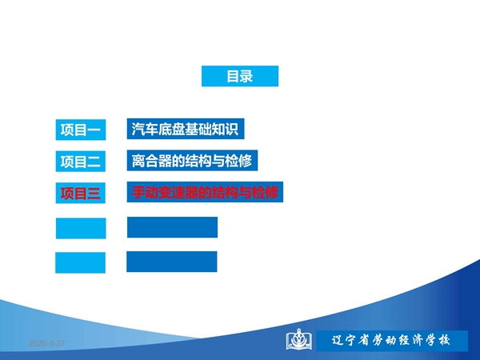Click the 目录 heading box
pos(240,76)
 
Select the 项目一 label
pos(81,130)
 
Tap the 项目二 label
pos(81,162)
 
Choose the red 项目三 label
pos(81,193)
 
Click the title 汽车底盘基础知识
pos(186,129)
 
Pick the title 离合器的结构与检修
pos(192,161)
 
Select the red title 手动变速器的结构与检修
pos(205,192)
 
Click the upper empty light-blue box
pos(81,228)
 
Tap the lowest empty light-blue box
pos(80,262)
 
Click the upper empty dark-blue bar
pos(172,227)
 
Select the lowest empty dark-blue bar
pos(172,262)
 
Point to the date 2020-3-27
pos(47,343)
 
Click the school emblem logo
pos(299,339)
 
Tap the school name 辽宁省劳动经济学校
pos(391,341)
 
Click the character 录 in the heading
pos(246,76)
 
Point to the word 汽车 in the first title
pos(145,129)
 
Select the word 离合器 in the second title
pos(151,161)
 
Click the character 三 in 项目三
pos(94,193)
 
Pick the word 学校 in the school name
pos(438,341)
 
